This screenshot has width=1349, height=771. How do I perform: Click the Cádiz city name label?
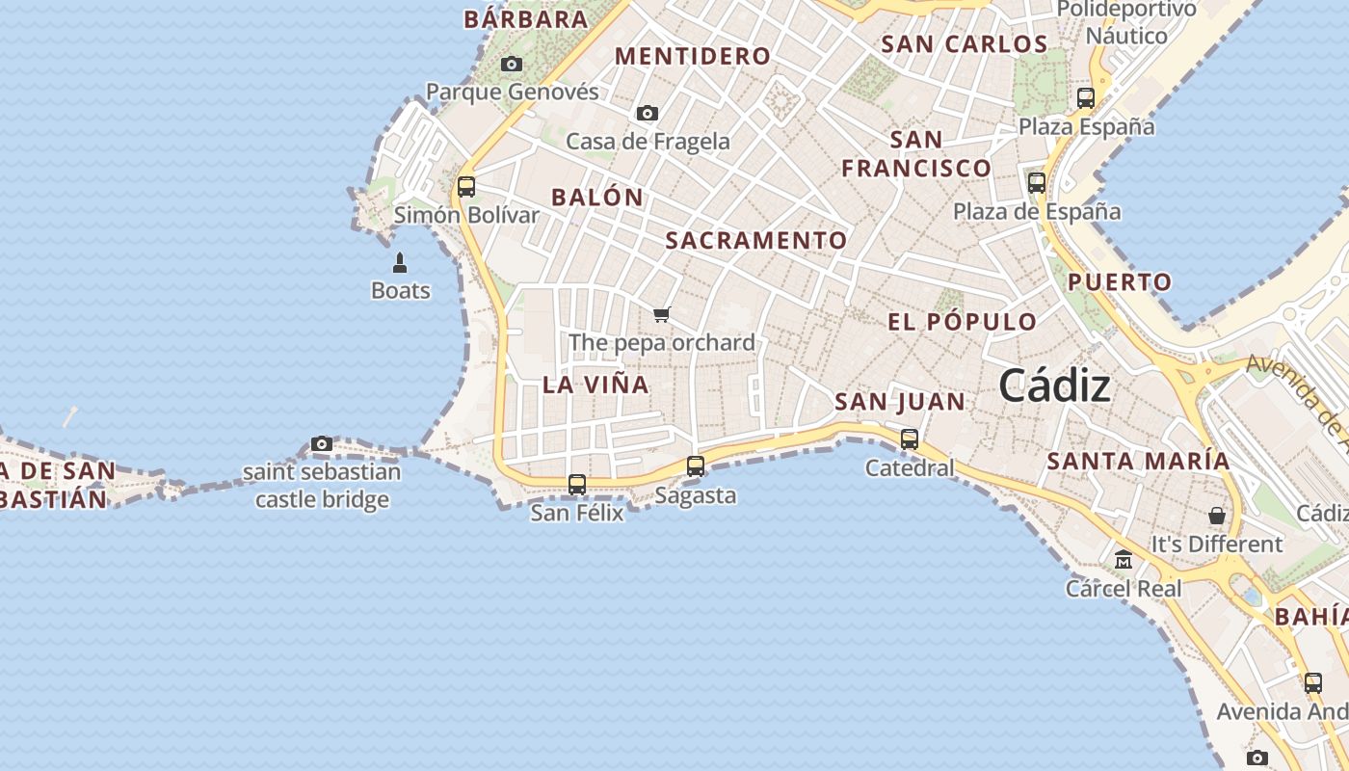[x=1054, y=386]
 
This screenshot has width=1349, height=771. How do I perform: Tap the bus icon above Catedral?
[x=909, y=439]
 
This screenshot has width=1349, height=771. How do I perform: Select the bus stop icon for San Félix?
[x=576, y=485]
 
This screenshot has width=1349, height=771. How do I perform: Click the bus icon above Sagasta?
[x=695, y=466]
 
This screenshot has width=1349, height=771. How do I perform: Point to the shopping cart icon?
[x=661, y=314]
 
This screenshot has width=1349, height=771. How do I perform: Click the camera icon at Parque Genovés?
[x=512, y=65]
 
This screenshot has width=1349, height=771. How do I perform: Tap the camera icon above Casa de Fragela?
[x=648, y=114]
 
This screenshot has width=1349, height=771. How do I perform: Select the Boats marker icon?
[x=400, y=262]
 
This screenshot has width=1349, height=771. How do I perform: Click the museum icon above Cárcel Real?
[x=1123, y=560]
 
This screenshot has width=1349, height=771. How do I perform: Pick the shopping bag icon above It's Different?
[x=1217, y=516]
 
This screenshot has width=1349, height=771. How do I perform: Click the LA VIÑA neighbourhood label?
[x=595, y=385]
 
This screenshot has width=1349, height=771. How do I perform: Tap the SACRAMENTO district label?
[x=756, y=241]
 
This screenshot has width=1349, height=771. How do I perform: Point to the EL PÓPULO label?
[x=962, y=322]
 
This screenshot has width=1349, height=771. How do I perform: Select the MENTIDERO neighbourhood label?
[x=693, y=57]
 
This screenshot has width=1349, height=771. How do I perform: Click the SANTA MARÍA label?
[x=1138, y=461]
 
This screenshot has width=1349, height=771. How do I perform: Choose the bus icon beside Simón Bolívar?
[x=466, y=187]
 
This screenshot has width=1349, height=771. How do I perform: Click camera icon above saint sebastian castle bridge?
[x=322, y=444]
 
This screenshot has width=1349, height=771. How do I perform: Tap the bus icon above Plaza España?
[x=1086, y=97]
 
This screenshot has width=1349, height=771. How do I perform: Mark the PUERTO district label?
[x=1120, y=282]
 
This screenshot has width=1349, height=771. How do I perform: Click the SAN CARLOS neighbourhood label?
[x=964, y=44]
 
